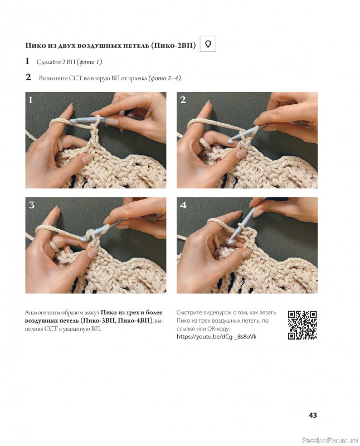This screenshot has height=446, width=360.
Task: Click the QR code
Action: (302, 325)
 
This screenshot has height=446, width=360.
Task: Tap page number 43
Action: (313, 415)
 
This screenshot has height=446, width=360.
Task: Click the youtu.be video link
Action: (216, 337)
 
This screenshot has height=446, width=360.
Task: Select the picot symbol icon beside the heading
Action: (208, 44)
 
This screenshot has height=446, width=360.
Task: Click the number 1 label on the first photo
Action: (31, 100)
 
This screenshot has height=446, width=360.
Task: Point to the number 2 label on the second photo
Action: (183, 100)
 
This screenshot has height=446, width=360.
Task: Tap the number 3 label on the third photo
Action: (31, 205)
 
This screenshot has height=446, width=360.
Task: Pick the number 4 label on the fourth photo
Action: (183, 205)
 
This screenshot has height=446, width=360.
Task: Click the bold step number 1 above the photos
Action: (27, 61)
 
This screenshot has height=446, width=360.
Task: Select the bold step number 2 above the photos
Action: (28, 77)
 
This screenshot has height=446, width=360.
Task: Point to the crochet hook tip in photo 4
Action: (231, 242)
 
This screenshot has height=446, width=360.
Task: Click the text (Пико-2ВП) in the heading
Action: (173, 46)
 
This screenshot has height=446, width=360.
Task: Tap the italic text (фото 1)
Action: (90, 62)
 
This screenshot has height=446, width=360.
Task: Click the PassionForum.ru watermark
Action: (330, 440)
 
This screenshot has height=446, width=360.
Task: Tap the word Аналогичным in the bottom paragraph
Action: (42, 313)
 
